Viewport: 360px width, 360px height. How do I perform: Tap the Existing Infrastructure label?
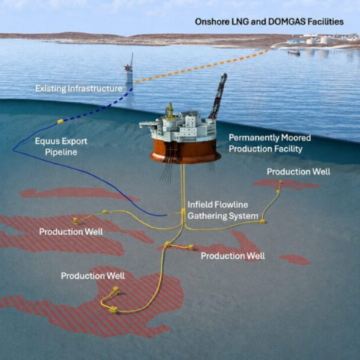(79, 89)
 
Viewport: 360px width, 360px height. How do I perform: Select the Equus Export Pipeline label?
(61, 146)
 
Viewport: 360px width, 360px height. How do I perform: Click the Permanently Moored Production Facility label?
(270, 143)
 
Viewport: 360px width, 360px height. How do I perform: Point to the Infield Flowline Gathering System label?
(223, 211)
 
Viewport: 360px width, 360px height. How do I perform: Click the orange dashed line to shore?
(201, 66)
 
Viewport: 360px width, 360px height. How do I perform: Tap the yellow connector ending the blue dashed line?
(61, 121)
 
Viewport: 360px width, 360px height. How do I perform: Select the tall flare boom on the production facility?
(218, 96)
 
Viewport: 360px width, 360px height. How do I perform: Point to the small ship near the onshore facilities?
(294, 53)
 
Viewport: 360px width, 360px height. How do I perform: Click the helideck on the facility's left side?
(148, 125)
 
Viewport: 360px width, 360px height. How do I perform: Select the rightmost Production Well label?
(299, 172)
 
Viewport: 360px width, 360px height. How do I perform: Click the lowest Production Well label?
(93, 276)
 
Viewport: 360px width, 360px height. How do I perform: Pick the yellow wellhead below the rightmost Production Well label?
(280, 182)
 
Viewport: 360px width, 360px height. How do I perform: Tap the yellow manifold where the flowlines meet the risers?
(183, 211)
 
